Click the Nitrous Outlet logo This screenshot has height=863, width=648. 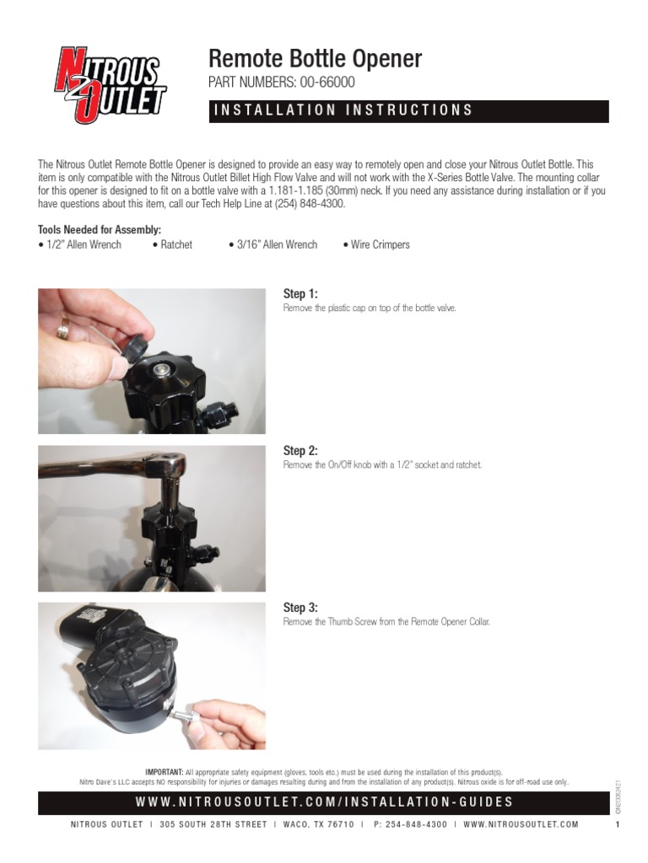(110, 85)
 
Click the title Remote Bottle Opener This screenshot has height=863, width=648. (315, 59)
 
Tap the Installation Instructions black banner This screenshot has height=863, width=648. (408, 110)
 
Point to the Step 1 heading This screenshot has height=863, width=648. (300, 293)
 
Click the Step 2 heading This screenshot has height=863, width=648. (300, 451)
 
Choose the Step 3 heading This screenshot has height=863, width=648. (300, 608)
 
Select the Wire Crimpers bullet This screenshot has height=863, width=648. (376, 244)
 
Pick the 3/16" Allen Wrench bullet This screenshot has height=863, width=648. (273, 244)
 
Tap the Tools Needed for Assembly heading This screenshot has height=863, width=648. (100, 230)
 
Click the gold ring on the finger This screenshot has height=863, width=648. (62, 328)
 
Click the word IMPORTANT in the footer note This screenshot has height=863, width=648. (165, 772)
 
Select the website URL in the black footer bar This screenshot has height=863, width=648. (324, 802)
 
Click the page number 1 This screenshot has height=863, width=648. (618, 824)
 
